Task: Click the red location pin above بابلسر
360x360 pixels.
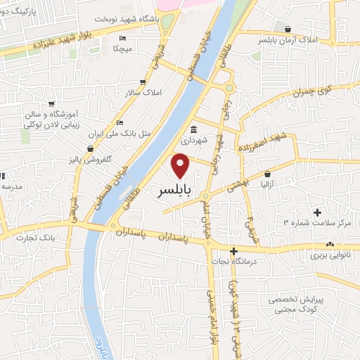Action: [x=181, y=165]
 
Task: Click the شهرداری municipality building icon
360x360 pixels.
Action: [x=193, y=129]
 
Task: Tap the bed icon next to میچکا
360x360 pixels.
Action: [x=123, y=38]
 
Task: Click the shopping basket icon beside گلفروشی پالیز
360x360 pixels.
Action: [x=91, y=148]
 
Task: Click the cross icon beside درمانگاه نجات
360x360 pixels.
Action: [x=234, y=251]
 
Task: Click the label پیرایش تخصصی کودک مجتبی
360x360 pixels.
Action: [x=295, y=304]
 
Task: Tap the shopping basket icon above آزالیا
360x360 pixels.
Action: [x=268, y=173]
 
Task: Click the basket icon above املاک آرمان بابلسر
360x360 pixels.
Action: [x=288, y=29]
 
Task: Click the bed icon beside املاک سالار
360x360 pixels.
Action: [x=143, y=82]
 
